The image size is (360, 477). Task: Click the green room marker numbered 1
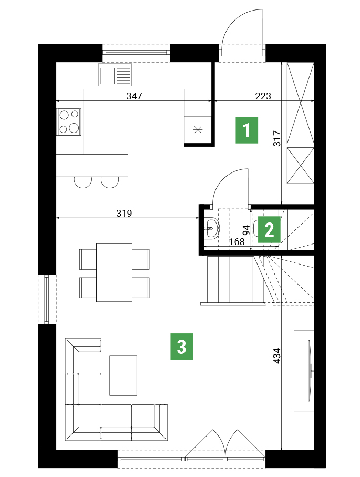(246, 130)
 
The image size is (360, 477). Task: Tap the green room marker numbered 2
(269, 229)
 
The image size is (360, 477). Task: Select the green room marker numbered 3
(181, 347)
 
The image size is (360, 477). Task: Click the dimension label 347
(134, 96)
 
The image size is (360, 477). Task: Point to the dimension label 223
(263, 96)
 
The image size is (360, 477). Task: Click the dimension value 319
(124, 213)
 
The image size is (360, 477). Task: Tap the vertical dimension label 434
(277, 356)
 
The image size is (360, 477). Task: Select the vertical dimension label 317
(277, 138)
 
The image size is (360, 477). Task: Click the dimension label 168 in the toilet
(237, 241)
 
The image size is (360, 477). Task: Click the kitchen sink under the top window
(115, 75)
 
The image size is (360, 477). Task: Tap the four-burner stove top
(69, 121)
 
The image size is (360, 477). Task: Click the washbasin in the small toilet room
(211, 228)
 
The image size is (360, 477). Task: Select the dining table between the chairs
(115, 272)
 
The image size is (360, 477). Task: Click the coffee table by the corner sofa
(123, 375)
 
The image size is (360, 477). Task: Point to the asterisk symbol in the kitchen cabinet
(198, 130)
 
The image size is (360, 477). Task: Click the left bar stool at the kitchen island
(83, 182)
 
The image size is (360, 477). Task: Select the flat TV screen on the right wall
(310, 371)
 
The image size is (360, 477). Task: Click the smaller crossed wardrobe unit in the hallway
(301, 166)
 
